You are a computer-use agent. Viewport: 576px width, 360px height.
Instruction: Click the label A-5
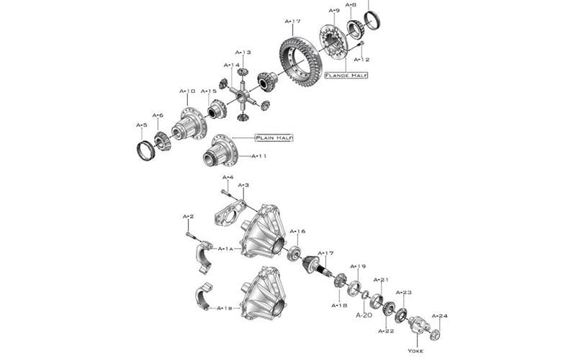click(142, 125)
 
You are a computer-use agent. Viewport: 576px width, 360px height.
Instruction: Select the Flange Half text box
click(346, 75)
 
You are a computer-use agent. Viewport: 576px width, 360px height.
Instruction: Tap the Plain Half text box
click(274, 138)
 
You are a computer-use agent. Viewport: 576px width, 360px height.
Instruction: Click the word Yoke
click(416, 351)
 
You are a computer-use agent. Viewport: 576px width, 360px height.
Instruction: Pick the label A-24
click(439, 315)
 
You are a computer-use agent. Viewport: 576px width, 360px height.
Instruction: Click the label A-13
click(243, 53)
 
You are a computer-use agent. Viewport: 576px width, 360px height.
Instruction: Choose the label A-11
click(259, 156)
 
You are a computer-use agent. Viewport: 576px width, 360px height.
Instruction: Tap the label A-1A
click(225, 248)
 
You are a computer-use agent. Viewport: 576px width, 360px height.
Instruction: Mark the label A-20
click(364, 315)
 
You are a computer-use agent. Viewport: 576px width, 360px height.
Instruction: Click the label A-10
click(186, 91)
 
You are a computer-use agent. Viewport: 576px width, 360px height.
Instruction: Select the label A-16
click(297, 232)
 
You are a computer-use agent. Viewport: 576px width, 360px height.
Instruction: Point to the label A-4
click(228, 177)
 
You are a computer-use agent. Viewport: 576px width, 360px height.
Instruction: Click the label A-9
click(334, 11)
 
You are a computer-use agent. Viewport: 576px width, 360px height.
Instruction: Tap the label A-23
click(403, 292)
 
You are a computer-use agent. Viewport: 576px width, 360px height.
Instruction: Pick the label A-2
click(188, 217)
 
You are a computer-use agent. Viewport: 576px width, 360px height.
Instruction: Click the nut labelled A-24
click(435, 334)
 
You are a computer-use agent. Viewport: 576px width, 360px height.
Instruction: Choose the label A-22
click(386, 331)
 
